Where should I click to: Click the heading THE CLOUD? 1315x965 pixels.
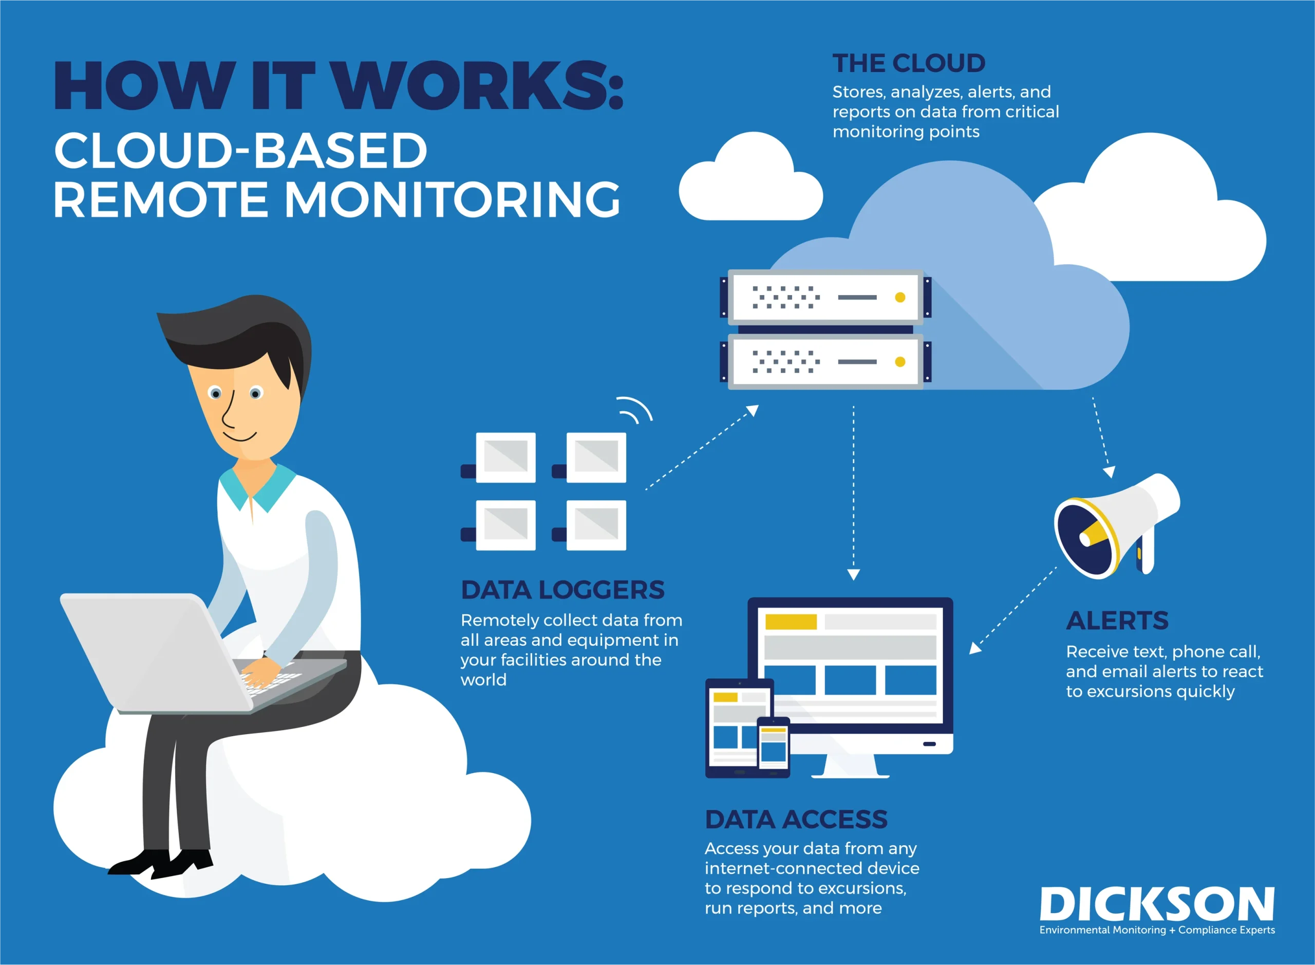click(908, 63)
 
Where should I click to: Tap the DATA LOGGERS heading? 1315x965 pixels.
click(562, 590)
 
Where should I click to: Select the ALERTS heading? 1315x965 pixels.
click(1117, 621)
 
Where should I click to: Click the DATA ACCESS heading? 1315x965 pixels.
click(796, 820)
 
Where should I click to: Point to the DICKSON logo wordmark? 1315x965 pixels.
click(1157, 904)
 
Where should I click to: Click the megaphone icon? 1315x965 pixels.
click(1117, 526)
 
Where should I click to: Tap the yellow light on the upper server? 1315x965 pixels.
click(900, 297)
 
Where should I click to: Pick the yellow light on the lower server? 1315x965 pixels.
click(900, 362)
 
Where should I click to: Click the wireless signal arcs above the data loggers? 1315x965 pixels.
click(635, 409)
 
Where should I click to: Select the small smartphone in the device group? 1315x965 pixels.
click(774, 746)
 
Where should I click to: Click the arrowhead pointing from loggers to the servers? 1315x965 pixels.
click(753, 411)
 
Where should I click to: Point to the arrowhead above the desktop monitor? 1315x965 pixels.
click(853, 575)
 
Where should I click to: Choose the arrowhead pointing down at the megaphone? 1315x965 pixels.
click(1109, 472)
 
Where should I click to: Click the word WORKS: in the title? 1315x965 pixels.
click(480, 86)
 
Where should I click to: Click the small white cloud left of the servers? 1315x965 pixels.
click(750, 176)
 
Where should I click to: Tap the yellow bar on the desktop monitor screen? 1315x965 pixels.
click(791, 622)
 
